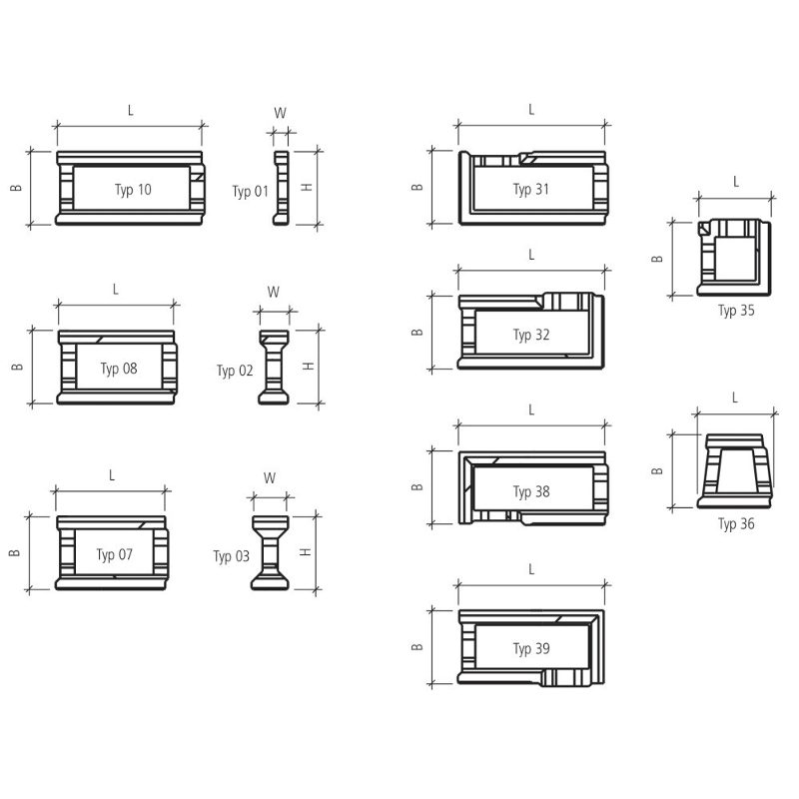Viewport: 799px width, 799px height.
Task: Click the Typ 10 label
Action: tap(133, 190)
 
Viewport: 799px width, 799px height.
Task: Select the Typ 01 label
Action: tap(250, 192)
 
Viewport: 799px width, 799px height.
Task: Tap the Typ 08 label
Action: tap(119, 369)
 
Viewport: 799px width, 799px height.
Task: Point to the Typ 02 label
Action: tap(235, 371)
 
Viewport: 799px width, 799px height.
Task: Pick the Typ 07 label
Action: tap(115, 554)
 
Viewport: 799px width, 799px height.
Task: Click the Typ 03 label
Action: tap(231, 556)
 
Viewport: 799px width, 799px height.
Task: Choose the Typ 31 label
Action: tap(531, 190)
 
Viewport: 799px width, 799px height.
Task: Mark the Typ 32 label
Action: tap(531, 336)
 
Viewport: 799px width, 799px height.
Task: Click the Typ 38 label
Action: tap(531, 491)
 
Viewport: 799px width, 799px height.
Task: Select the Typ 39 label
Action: tap(531, 648)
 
